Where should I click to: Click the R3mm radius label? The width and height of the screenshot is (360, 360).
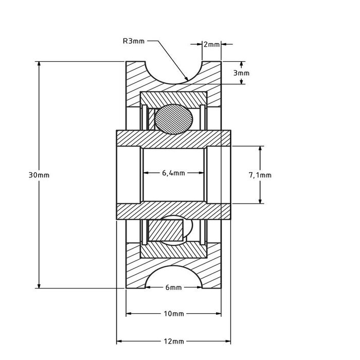coord(134,41)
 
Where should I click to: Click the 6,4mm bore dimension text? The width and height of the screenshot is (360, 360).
coord(173,173)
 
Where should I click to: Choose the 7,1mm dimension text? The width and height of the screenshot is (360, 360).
coord(260,175)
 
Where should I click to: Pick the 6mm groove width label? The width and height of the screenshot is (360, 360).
coord(173,288)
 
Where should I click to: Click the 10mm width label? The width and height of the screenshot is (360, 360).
coord(173,313)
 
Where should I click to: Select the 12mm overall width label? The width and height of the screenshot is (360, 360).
coord(173,341)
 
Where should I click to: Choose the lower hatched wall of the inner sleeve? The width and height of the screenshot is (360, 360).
coord(173,211)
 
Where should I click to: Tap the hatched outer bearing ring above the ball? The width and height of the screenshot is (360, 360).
coord(173,97)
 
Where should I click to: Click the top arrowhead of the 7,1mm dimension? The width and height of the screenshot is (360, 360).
coord(260,150)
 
